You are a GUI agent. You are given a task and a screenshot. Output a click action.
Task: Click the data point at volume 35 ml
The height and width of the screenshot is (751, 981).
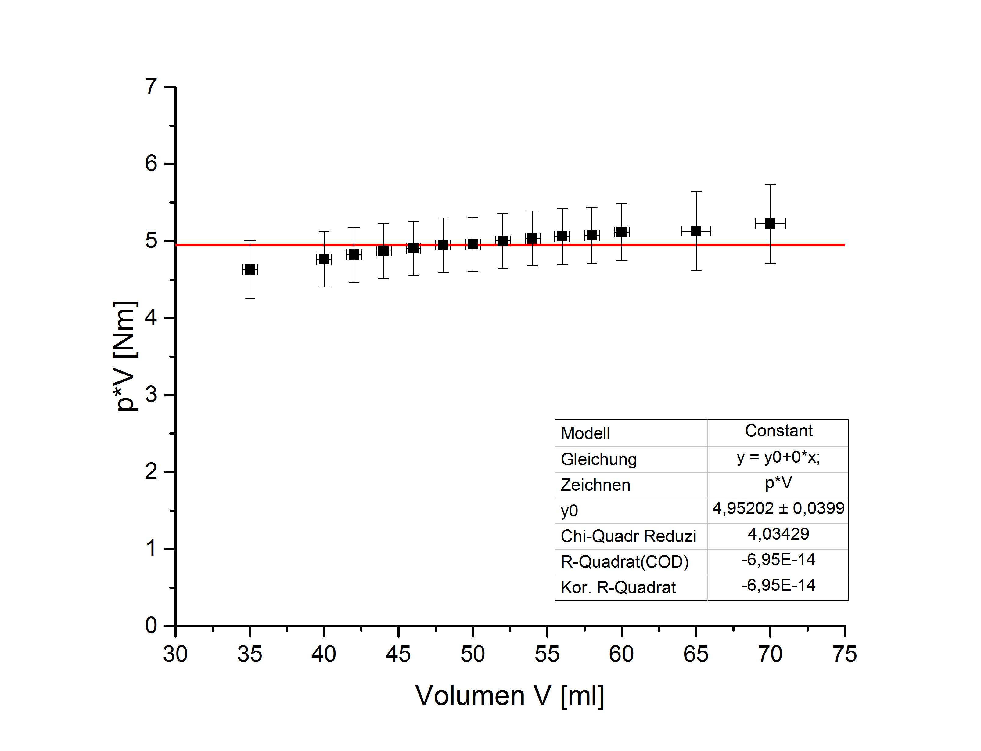point(250,269)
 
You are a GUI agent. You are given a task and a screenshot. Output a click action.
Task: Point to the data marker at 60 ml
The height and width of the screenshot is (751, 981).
point(621,232)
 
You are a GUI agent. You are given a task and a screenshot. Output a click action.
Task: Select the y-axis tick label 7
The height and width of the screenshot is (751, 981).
point(151,86)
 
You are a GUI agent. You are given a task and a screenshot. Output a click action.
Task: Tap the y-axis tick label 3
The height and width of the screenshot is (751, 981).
point(151,395)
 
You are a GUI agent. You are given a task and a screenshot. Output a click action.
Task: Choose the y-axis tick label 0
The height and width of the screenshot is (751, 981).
point(151,625)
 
